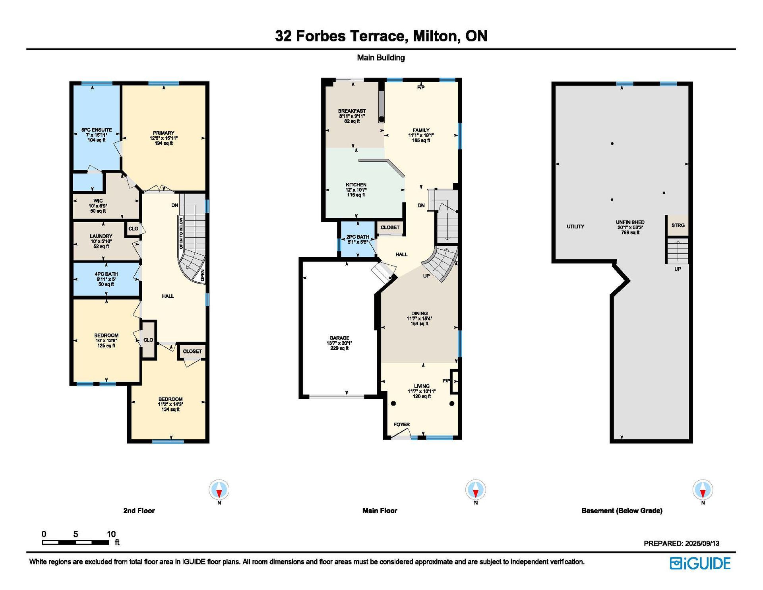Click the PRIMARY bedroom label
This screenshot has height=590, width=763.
point(163,133)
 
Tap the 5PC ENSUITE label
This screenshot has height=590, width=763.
point(97,130)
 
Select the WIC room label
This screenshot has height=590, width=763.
point(98,201)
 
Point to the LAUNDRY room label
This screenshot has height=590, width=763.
point(101,236)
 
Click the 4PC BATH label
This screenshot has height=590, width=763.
point(106,274)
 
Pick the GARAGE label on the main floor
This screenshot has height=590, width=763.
point(339,338)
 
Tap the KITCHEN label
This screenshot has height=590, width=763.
point(356,185)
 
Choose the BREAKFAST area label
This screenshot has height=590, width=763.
point(352,111)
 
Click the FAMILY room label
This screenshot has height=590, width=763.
point(421,130)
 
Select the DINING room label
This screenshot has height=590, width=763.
point(420,313)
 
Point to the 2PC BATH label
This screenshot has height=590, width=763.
point(358,237)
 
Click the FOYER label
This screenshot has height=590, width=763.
point(402,425)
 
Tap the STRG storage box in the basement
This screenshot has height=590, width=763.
point(678,225)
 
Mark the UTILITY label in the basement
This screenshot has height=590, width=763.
point(575,227)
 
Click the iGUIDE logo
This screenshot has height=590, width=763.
point(700,563)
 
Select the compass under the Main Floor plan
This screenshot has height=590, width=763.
point(476,490)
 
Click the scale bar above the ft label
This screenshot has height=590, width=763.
point(76,542)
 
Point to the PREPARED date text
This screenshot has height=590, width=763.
point(682,543)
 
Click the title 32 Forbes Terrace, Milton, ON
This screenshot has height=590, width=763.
point(381,36)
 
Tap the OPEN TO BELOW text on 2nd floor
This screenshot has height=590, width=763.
point(181,233)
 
